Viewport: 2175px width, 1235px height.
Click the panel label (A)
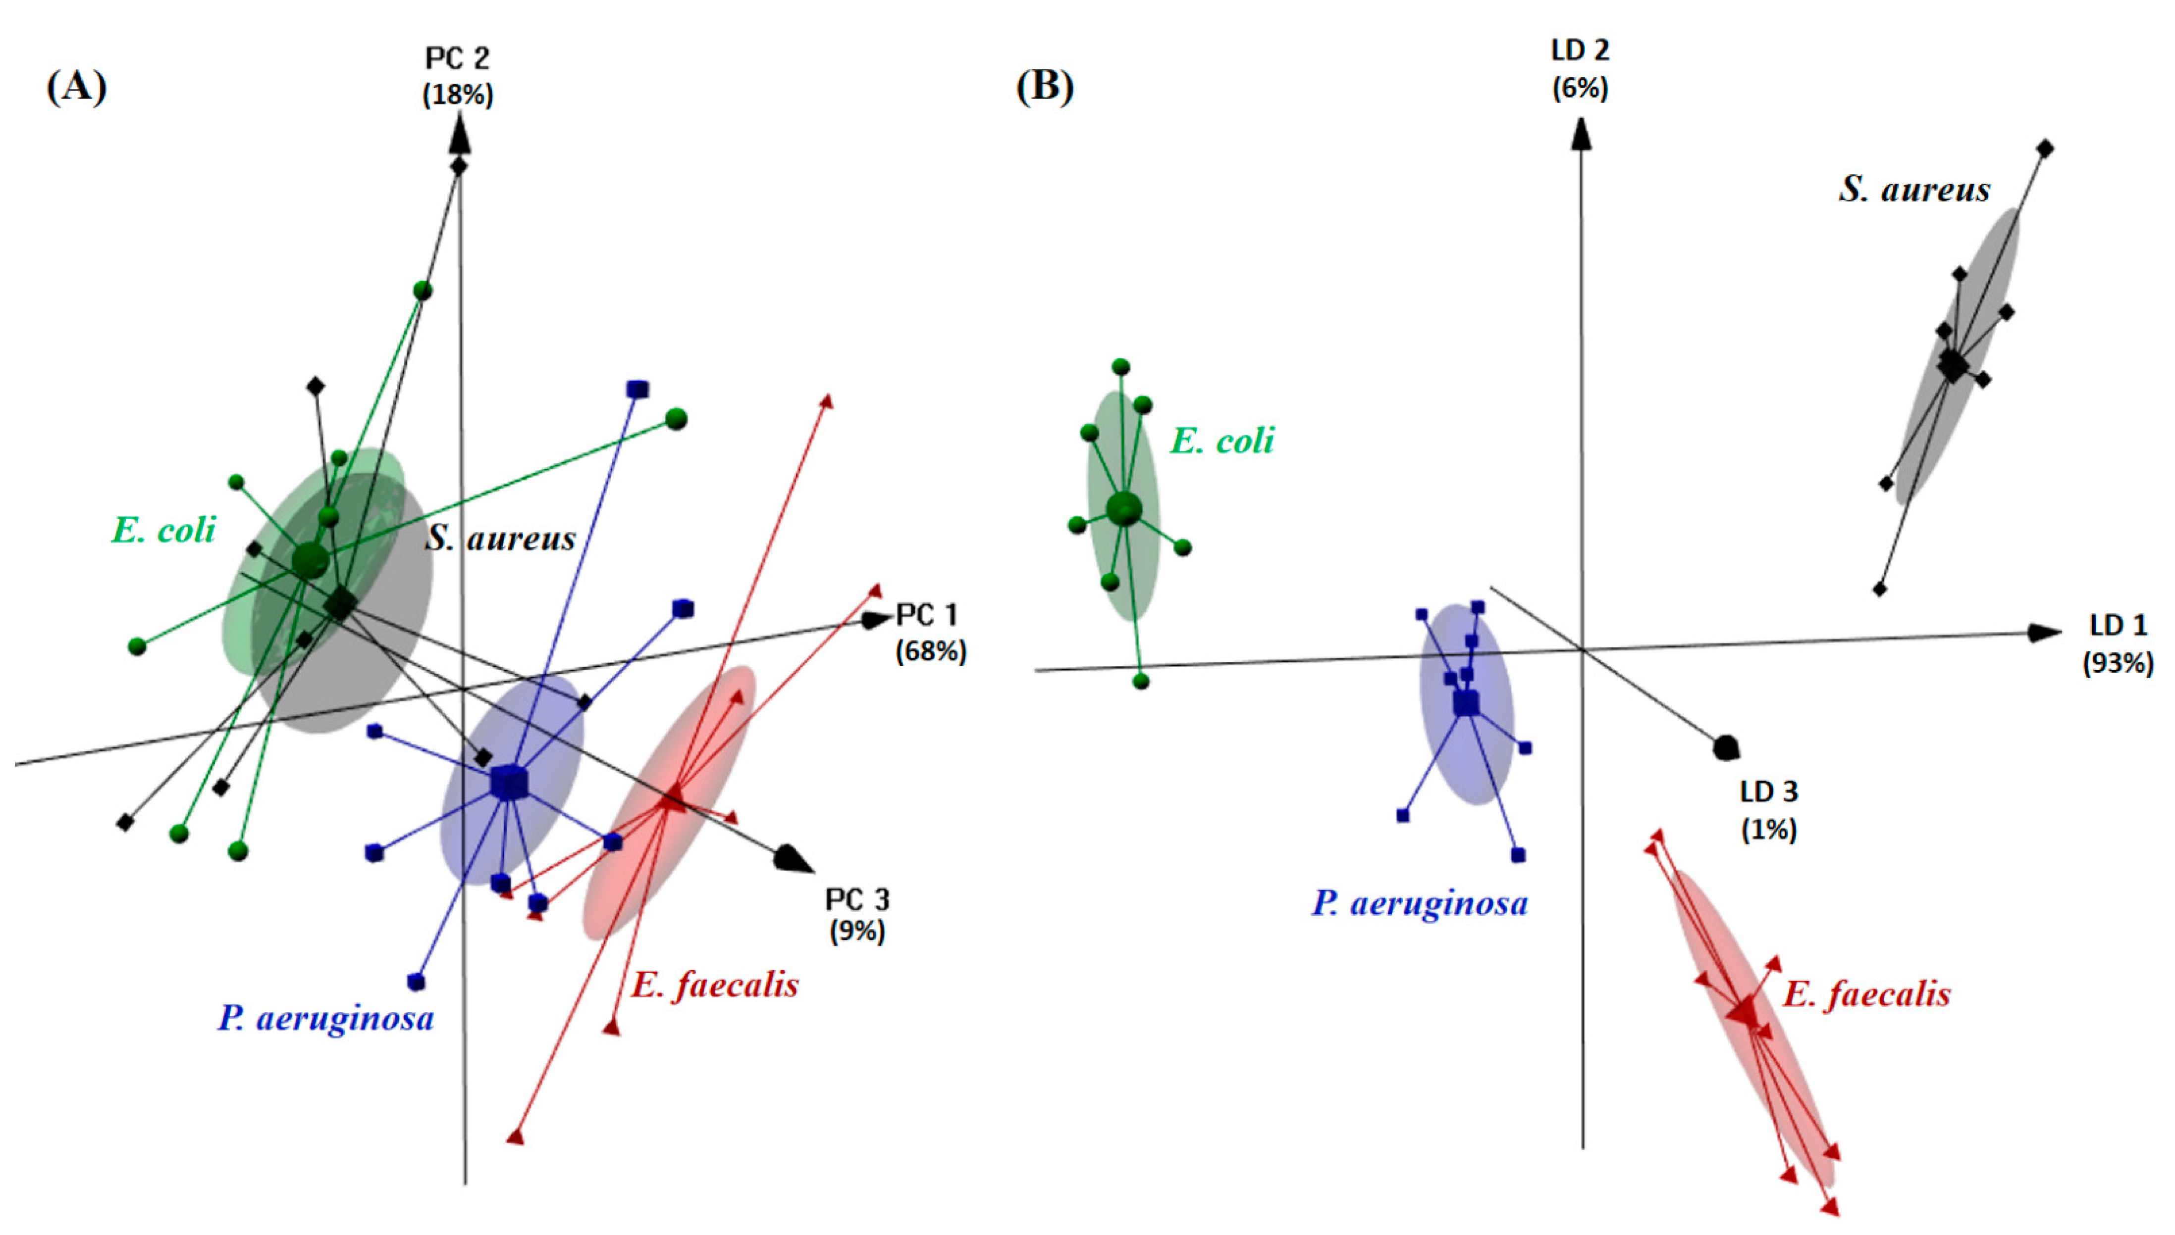pyautogui.click(x=76, y=87)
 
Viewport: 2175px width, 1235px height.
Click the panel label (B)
pyautogui.click(x=1045, y=87)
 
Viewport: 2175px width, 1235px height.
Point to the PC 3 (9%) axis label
pyautogui.click(x=857, y=914)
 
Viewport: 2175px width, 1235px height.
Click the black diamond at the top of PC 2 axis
pyautogui.click(x=459, y=166)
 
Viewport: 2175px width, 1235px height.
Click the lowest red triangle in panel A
pyautogui.click(x=514, y=1136)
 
